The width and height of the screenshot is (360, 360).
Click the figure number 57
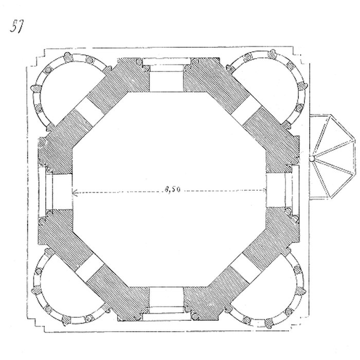click(x=17, y=26)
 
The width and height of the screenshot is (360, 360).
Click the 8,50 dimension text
click(x=172, y=189)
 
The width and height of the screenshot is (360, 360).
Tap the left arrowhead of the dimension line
click(x=75, y=191)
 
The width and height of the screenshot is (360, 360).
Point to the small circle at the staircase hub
click(x=312, y=159)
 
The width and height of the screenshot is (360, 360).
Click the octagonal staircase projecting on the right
click(x=333, y=157)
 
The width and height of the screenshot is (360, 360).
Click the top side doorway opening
click(x=167, y=75)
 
